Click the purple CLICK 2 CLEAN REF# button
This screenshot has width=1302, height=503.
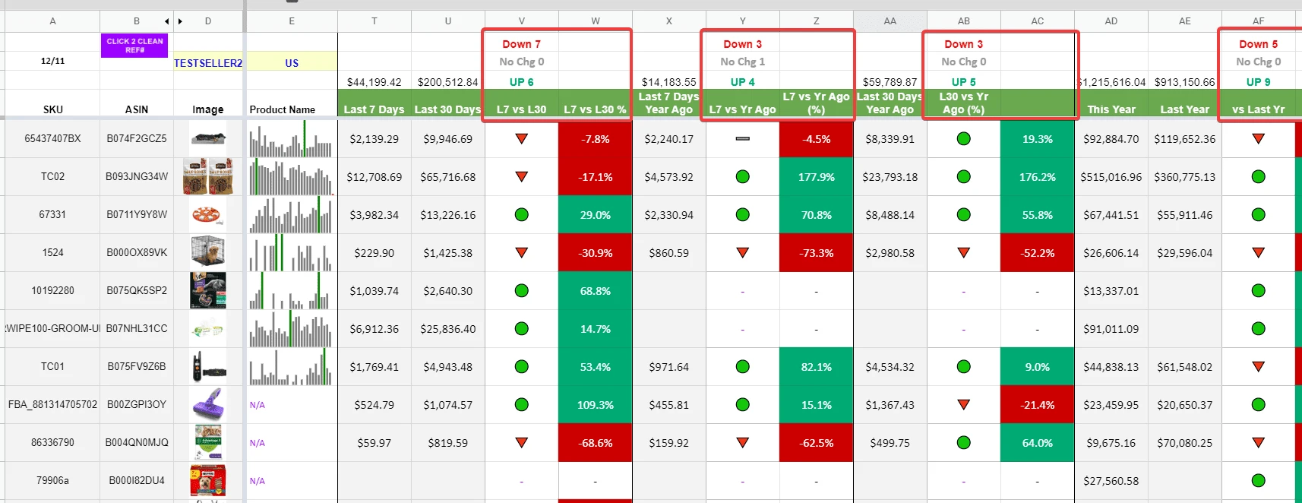coord(134,46)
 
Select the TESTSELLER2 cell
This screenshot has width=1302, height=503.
coord(208,63)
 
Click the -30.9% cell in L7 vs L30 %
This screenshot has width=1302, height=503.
coord(595,253)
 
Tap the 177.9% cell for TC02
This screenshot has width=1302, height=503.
coord(816,177)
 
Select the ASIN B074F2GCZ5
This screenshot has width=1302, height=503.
coord(137,139)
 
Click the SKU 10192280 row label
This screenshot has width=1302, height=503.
coord(52,291)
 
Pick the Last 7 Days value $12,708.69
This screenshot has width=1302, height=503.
coord(374,177)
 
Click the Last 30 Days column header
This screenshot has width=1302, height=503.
coord(447,109)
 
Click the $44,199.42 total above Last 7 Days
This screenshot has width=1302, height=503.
coord(374,82)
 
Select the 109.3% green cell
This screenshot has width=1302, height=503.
coord(595,405)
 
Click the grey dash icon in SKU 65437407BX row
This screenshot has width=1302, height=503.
coord(742,139)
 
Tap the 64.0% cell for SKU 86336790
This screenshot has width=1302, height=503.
coord(1037,443)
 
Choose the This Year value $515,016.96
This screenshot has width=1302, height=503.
coord(1111,177)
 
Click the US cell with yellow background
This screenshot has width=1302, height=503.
coord(292,63)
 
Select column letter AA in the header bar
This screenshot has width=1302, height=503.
coord(890,21)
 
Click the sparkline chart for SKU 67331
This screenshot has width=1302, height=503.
coord(291,215)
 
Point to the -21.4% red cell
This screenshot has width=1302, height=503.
coord(1037,405)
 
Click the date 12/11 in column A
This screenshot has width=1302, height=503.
coord(52,61)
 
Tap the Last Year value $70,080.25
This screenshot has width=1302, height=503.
coord(1184,443)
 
